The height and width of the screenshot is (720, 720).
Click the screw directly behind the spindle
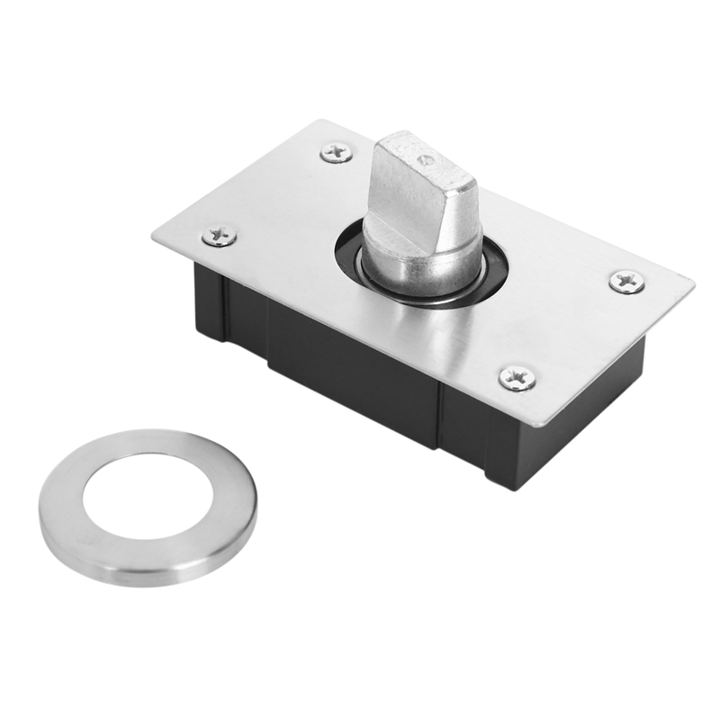tap(337, 153)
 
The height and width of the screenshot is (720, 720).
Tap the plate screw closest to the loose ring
tap(220, 236)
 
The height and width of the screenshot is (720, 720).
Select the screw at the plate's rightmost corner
tap(626, 282)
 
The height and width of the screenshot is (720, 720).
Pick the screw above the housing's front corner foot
tap(517, 378)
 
